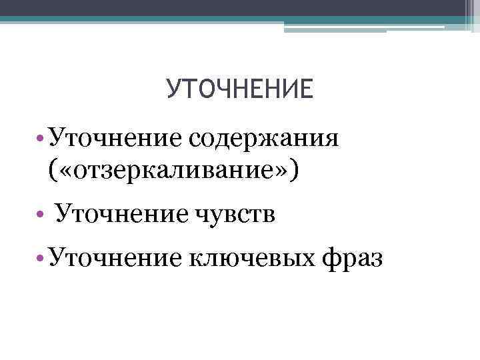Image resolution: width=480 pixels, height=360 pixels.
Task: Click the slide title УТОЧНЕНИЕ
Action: (x=239, y=89)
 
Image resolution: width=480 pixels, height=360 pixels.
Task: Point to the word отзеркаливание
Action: (x=176, y=171)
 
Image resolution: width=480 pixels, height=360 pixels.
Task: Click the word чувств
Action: (x=236, y=215)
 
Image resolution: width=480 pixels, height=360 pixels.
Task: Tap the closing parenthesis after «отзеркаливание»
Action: (x=296, y=171)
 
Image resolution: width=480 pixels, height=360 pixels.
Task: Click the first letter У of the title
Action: (x=173, y=89)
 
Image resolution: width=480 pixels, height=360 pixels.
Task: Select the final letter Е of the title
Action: (x=305, y=89)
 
